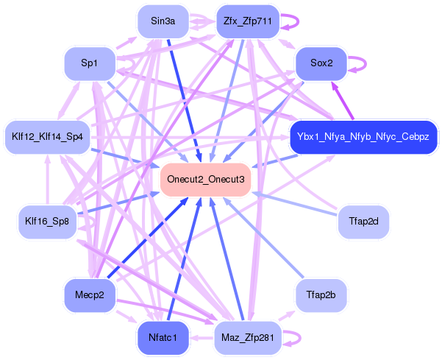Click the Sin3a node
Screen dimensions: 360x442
coord(163,21)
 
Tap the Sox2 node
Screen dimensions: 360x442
coord(321,63)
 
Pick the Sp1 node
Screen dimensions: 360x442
coord(90,63)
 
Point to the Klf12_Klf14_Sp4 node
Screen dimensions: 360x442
coord(48,137)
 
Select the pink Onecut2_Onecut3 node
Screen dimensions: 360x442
coord(205,180)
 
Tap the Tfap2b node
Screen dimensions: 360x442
coord(321,295)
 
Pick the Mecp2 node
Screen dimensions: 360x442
coord(90,295)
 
